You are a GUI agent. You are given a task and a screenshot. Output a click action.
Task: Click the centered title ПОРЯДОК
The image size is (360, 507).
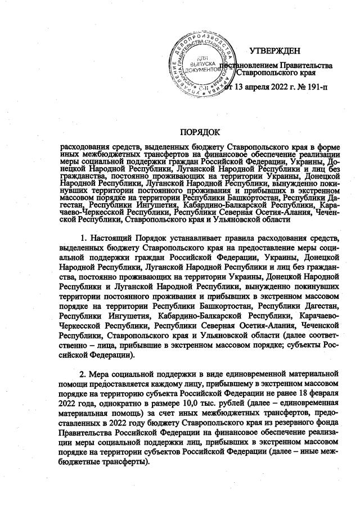pos(199,132)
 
